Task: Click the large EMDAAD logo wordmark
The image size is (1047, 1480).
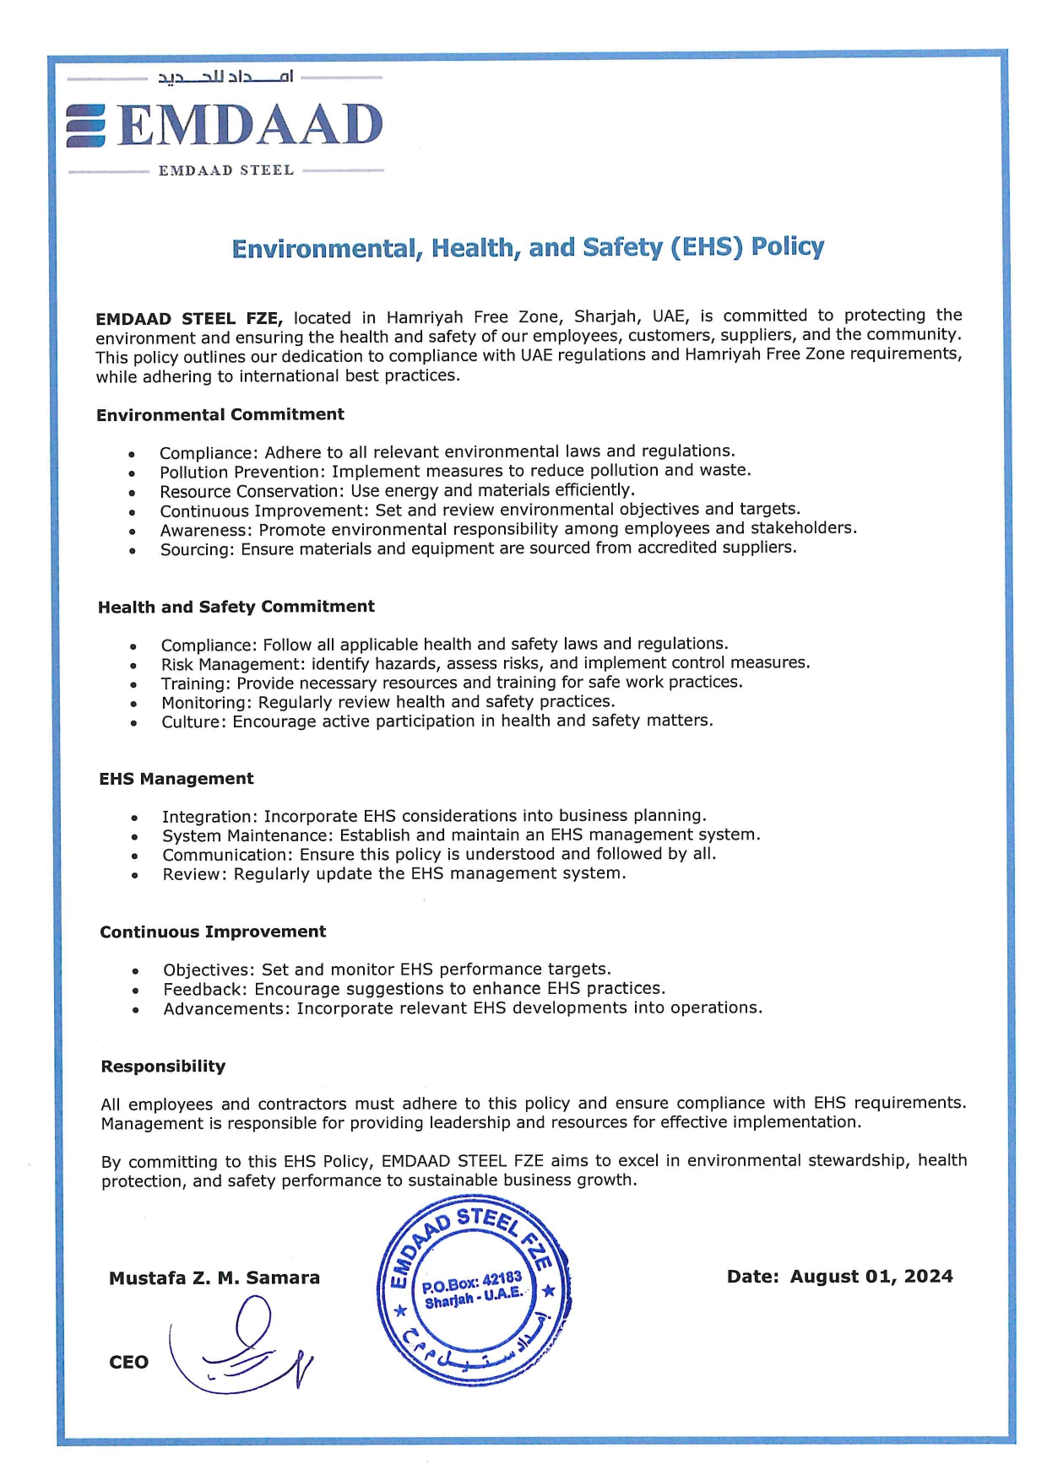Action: (250, 125)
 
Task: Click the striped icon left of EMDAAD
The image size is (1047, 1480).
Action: (86, 126)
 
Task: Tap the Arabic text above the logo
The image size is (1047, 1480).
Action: (225, 78)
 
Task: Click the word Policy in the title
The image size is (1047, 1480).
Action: (787, 246)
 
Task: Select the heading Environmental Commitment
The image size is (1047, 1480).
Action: (220, 414)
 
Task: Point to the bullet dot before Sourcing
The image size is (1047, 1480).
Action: (133, 550)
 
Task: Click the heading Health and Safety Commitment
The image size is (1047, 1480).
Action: (236, 607)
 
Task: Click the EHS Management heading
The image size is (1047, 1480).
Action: (176, 779)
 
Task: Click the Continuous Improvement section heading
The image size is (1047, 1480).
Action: (213, 932)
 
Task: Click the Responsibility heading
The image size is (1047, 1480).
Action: (163, 1067)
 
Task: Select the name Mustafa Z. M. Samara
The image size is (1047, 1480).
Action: (214, 1277)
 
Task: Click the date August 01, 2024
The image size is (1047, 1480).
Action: (871, 1276)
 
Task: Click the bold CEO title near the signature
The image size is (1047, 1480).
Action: (128, 1362)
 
